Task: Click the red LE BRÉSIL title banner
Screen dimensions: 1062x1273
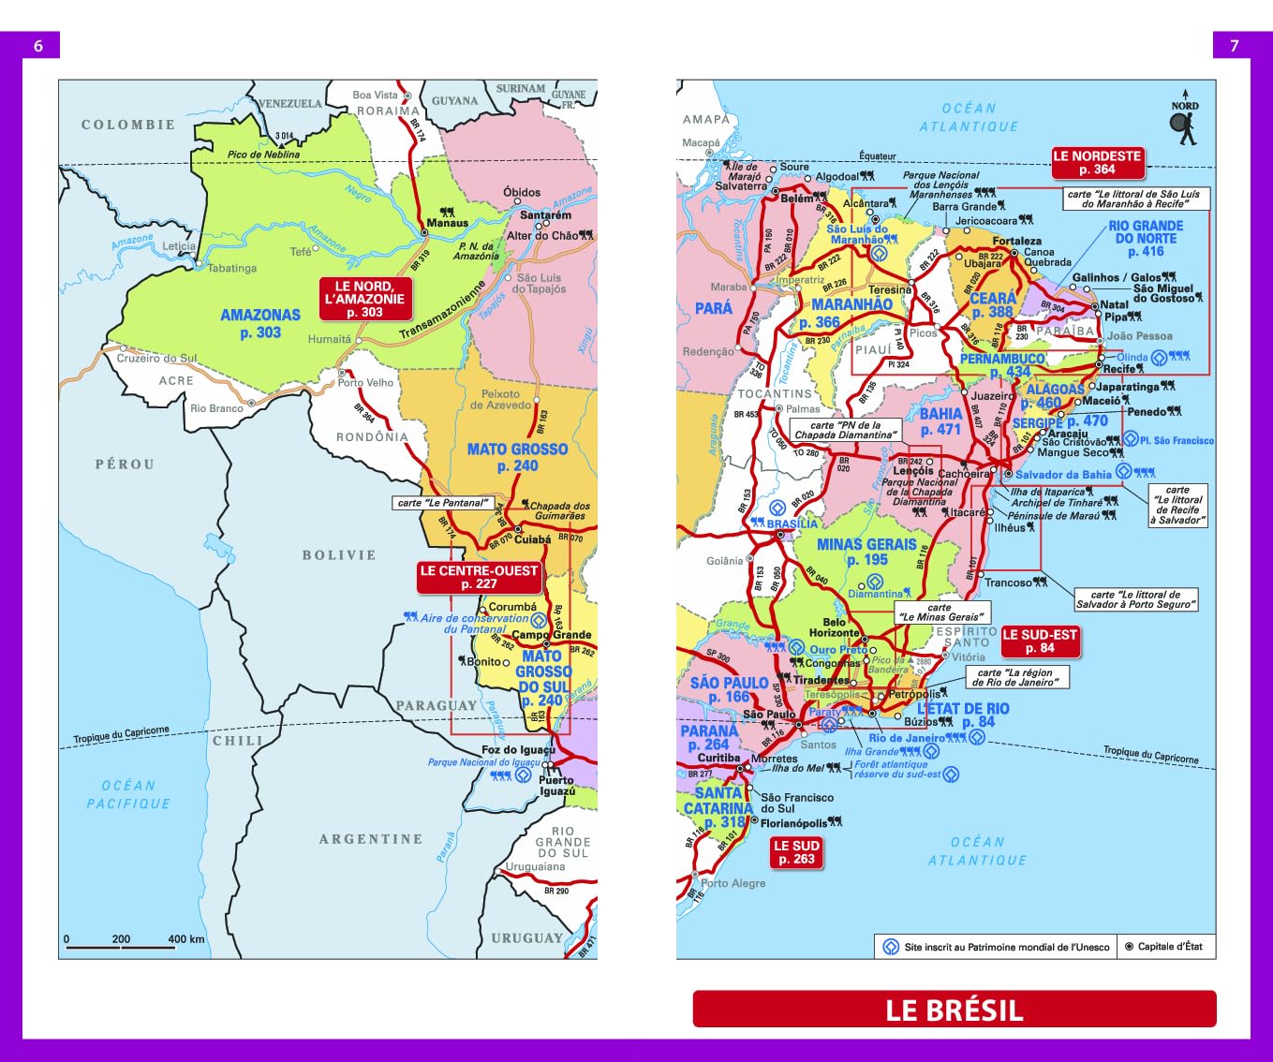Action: (954, 1010)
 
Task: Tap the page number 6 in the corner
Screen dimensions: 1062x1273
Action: (38, 46)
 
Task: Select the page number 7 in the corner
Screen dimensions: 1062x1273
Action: (1234, 46)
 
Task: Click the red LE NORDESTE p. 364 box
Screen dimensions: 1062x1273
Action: (1097, 163)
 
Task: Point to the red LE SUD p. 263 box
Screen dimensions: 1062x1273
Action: (795, 852)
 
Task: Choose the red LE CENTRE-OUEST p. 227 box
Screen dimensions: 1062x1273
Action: (479, 577)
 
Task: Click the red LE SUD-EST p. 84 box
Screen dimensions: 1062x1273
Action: (1040, 641)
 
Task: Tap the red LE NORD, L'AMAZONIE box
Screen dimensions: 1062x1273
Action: (364, 299)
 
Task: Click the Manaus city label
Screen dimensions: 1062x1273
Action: (447, 223)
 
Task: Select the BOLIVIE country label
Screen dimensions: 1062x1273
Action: (338, 555)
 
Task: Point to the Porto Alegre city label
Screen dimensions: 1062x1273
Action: (733, 883)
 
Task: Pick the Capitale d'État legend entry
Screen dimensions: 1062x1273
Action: (1164, 947)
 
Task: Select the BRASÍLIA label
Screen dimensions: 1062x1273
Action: (792, 524)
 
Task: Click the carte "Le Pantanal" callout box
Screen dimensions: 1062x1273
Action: (443, 503)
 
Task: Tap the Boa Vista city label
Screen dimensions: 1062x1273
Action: (375, 95)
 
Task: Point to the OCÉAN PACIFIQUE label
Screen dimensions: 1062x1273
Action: (128, 794)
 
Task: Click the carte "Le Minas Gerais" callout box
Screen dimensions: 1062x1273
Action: (940, 612)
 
